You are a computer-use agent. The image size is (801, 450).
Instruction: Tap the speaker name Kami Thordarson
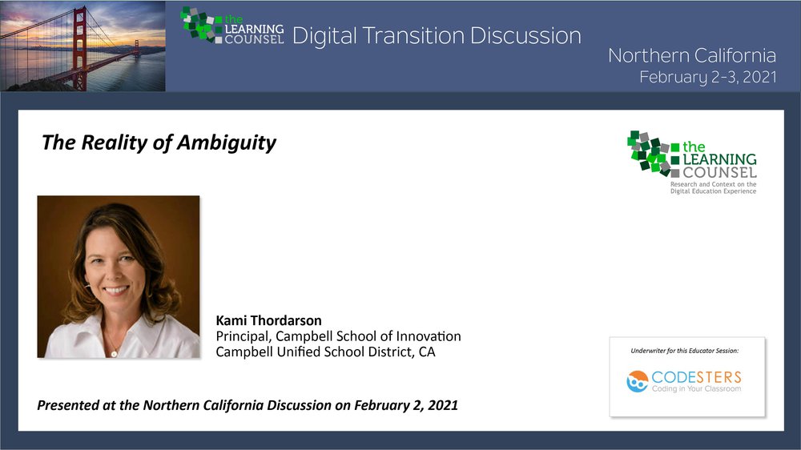click(x=268, y=321)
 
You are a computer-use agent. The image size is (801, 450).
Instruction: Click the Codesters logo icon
click(x=637, y=382)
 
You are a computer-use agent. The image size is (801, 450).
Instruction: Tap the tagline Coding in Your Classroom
click(x=696, y=388)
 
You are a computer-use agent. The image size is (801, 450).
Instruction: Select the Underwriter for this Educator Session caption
click(x=685, y=351)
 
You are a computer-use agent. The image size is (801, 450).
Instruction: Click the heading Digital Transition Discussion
click(x=437, y=36)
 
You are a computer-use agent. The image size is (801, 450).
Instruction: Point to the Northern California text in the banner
click(x=692, y=55)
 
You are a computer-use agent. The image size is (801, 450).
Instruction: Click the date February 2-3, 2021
click(x=708, y=77)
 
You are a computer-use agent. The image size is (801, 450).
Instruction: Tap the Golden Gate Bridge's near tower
click(x=79, y=49)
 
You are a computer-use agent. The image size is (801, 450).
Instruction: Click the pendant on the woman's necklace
click(x=114, y=353)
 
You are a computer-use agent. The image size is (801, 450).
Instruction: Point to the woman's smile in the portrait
click(x=116, y=290)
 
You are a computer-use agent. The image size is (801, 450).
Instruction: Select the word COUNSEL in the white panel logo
click(x=719, y=173)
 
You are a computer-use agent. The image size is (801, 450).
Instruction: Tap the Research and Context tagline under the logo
click(x=713, y=187)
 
